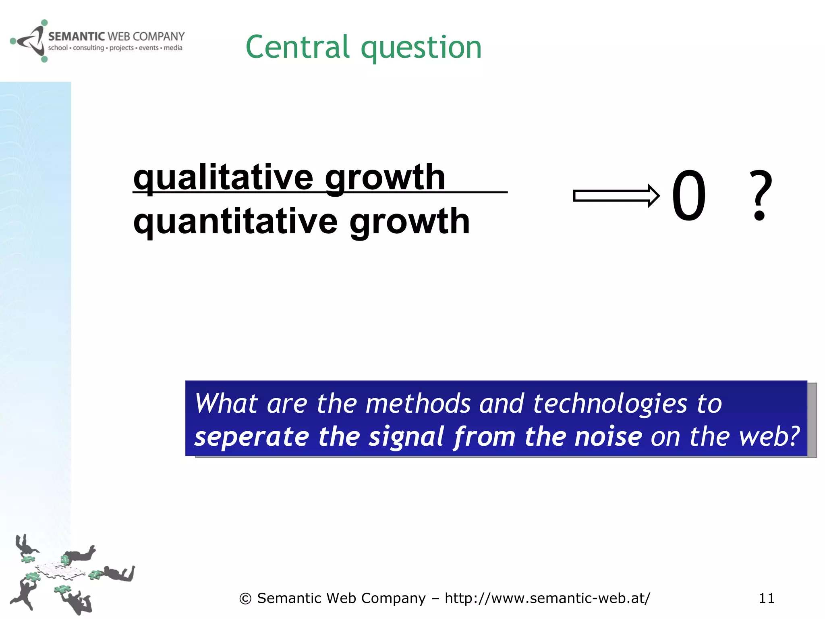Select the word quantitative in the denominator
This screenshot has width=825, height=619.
coord(235,222)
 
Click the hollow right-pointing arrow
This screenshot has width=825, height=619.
coord(616,196)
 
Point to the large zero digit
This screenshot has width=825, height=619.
coord(689,196)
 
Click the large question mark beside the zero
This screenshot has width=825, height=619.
coord(760,195)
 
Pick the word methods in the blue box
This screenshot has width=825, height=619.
coord(418,403)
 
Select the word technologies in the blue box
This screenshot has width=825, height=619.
coord(610,404)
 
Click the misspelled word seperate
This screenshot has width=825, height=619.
coord(251,437)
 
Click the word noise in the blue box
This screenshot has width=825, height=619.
coord(608,437)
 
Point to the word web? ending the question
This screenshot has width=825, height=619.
coord(769,437)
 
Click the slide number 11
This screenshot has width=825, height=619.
coord(766,598)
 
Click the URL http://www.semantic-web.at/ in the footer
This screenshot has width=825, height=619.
coord(547,598)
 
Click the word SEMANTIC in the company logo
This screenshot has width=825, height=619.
coord(77,37)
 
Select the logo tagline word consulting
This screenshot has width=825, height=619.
coord(88,48)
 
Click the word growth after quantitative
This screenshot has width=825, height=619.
coord(409,222)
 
